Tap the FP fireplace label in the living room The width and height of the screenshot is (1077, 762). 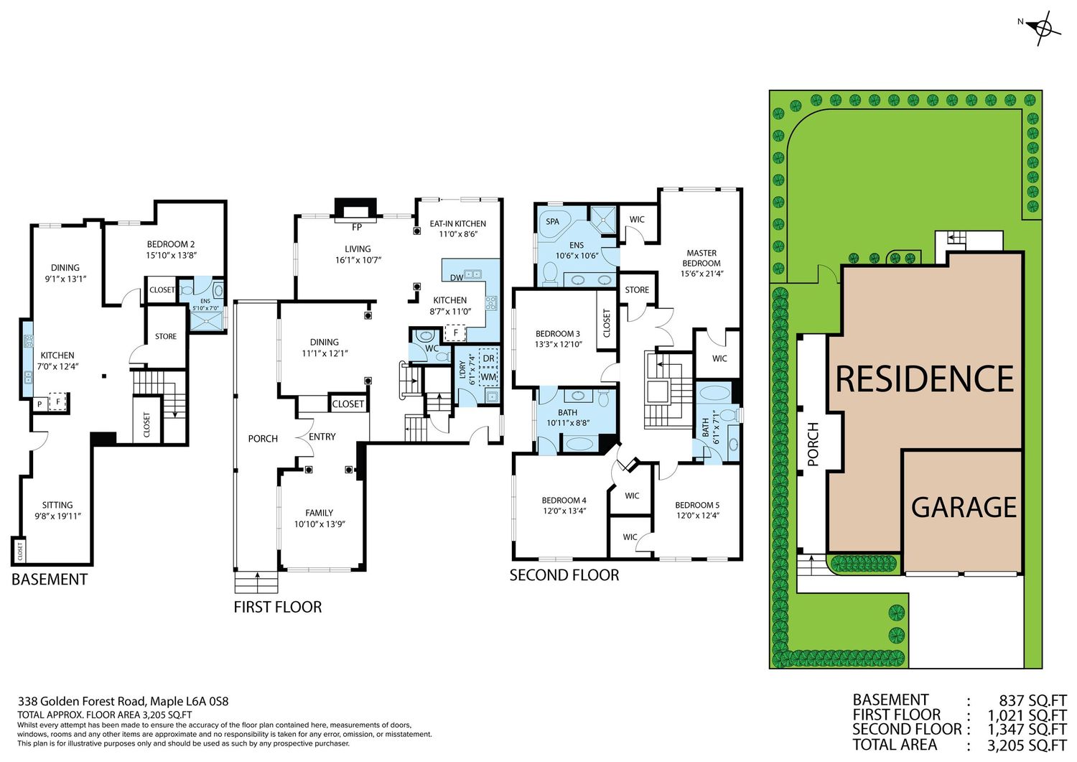coord(357,227)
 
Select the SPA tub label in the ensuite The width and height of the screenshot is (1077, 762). coord(552,222)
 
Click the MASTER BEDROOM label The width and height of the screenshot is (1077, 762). coord(701,258)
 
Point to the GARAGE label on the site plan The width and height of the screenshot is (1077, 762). coord(964,508)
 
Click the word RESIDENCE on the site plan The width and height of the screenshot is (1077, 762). coord(925,379)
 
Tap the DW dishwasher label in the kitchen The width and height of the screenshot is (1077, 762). coord(456,277)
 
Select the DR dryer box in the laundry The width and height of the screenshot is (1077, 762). coord(488,358)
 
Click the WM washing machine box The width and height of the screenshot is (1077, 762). coord(488,376)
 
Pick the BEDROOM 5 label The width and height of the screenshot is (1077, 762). coord(697,505)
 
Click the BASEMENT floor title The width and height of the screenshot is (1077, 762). coord(50,579)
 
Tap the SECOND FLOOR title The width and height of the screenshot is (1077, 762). coord(564,575)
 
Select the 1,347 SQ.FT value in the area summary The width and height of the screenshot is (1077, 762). coord(1027,729)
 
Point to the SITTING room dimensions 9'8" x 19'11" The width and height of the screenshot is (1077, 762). coord(57,516)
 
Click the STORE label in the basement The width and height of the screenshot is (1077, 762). coord(166,336)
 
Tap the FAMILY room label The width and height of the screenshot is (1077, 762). coord(320,514)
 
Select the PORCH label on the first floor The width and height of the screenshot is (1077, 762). coord(263,439)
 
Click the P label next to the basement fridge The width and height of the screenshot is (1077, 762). coord(40,404)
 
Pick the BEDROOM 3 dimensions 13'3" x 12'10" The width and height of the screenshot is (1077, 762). coord(558,345)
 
